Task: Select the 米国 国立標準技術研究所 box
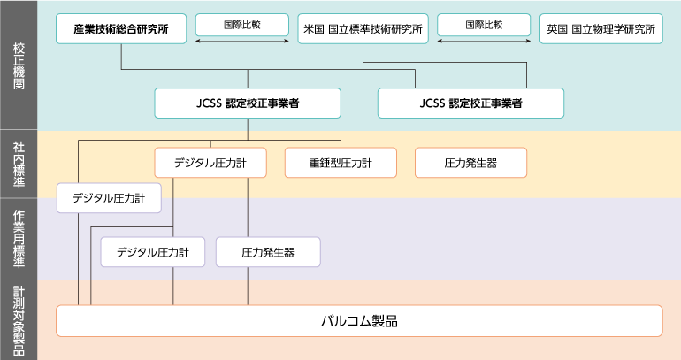click(x=363, y=29)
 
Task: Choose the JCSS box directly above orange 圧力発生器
click(x=471, y=103)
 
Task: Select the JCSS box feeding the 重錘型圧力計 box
click(x=247, y=103)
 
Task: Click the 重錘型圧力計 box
click(x=340, y=163)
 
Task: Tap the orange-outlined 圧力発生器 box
click(x=471, y=163)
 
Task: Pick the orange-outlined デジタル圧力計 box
click(x=210, y=163)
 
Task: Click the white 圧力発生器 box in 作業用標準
click(x=268, y=252)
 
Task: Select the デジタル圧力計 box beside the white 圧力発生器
click(x=153, y=252)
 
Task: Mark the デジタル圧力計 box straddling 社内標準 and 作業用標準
click(x=109, y=198)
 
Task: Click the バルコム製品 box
click(x=358, y=320)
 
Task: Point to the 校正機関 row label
click(x=19, y=65)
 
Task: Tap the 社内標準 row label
click(x=19, y=164)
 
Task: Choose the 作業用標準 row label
click(x=19, y=239)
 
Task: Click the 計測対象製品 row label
click(x=19, y=320)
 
